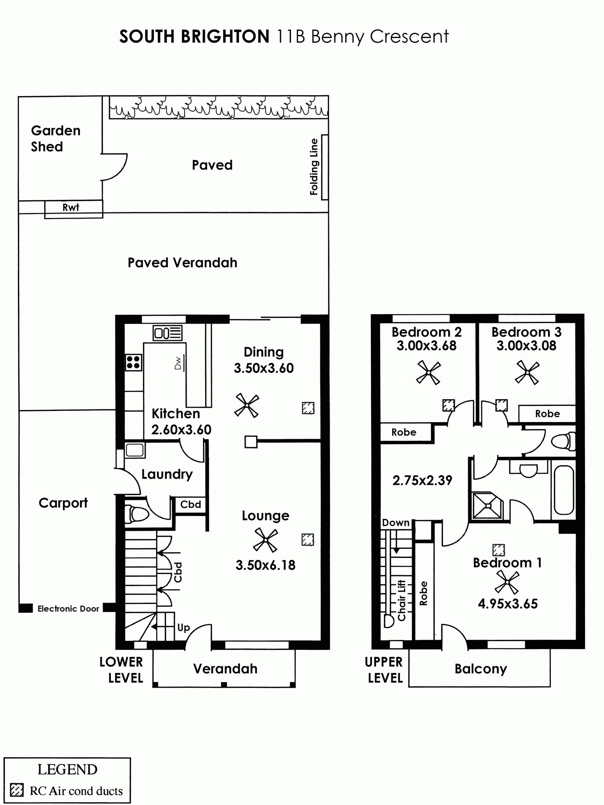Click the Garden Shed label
pyautogui.click(x=55, y=139)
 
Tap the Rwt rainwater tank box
pyautogui.click(x=74, y=209)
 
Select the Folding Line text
pyautogui.click(x=314, y=167)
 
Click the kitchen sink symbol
pyautogui.click(x=167, y=333)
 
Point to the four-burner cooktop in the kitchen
pyautogui.click(x=133, y=363)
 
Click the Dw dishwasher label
pyautogui.click(x=178, y=363)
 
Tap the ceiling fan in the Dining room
pyautogui.click(x=247, y=405)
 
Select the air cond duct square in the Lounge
pyautogui.click(x=308, y=539)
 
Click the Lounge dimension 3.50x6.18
pyautogui.click(x=266, y=565)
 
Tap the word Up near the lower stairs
pyautogui.click(x=183, y=628)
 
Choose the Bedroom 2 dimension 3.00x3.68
pyautogui.click(x=426, y=345)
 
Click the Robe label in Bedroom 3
pyautogui.click(x=547, y=414)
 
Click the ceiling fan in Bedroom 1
pyautogui.click(x=507, y=582)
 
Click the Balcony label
pyautogui.click(x=481, y=669)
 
